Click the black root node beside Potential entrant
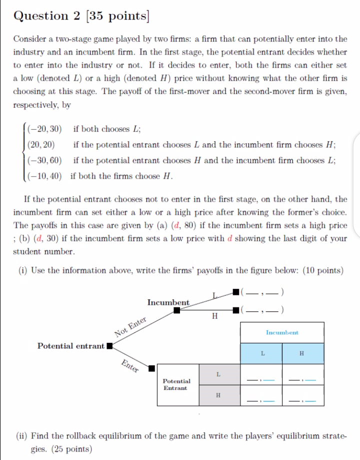click(x=109, y=346)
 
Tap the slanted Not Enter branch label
click(x=131, y=327)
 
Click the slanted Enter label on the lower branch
click(x=130, y=366)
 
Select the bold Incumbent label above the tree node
click(x=168, y=302)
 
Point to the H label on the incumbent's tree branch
click(x=215, y=316)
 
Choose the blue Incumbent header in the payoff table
click(x=282, y=332)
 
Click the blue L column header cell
click(x=261, y=353)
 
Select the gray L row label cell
click(x=218, y=374)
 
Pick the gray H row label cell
click(x=218, y=395)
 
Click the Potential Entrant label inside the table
click(x=177, y=384)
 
